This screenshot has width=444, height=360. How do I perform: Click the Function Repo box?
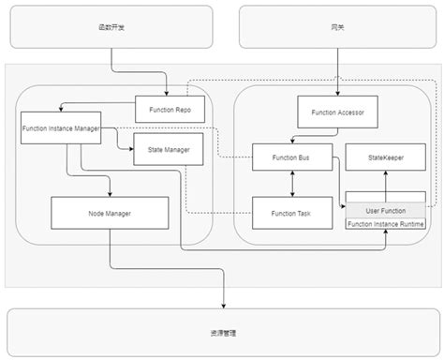169,110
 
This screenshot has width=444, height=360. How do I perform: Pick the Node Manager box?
110,213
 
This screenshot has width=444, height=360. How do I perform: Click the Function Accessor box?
336,112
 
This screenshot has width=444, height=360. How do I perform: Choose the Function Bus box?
291,157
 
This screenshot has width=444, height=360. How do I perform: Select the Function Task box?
291,213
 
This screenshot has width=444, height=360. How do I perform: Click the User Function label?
386,211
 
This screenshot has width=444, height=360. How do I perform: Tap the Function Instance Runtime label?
386,224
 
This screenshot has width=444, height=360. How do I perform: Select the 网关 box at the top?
336,27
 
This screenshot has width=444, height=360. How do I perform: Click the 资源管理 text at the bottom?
222,332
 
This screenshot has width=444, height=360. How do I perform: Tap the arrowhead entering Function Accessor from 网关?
336,93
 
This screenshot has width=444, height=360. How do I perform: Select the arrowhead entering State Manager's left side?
131,146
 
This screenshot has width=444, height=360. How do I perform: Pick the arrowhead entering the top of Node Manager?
110,193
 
